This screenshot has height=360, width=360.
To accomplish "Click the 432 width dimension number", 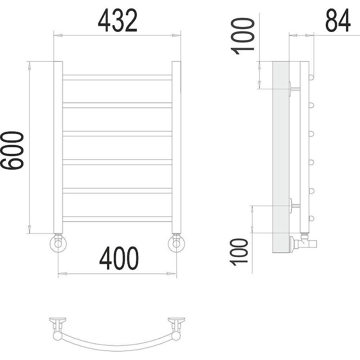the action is [117, 20].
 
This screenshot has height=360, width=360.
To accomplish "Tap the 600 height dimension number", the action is [12, 150].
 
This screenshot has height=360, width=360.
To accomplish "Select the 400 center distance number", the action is [119, 258].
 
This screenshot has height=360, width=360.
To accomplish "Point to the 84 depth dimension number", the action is [338, 20].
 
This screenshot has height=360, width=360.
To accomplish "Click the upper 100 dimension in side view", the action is [243, 36].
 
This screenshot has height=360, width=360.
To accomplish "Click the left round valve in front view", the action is [58, 243].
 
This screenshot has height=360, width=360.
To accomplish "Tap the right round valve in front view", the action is [176, 243].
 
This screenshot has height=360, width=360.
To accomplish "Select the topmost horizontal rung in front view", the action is [117, 77].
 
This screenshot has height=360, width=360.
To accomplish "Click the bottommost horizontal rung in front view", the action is [117, 219].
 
